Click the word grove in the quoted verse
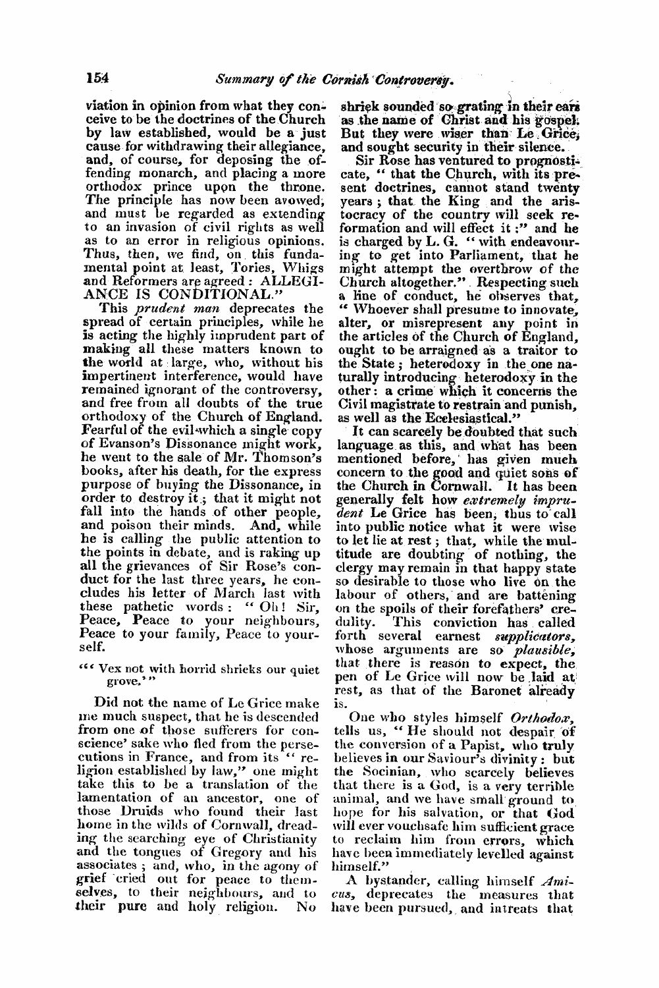(x=119, y=688)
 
